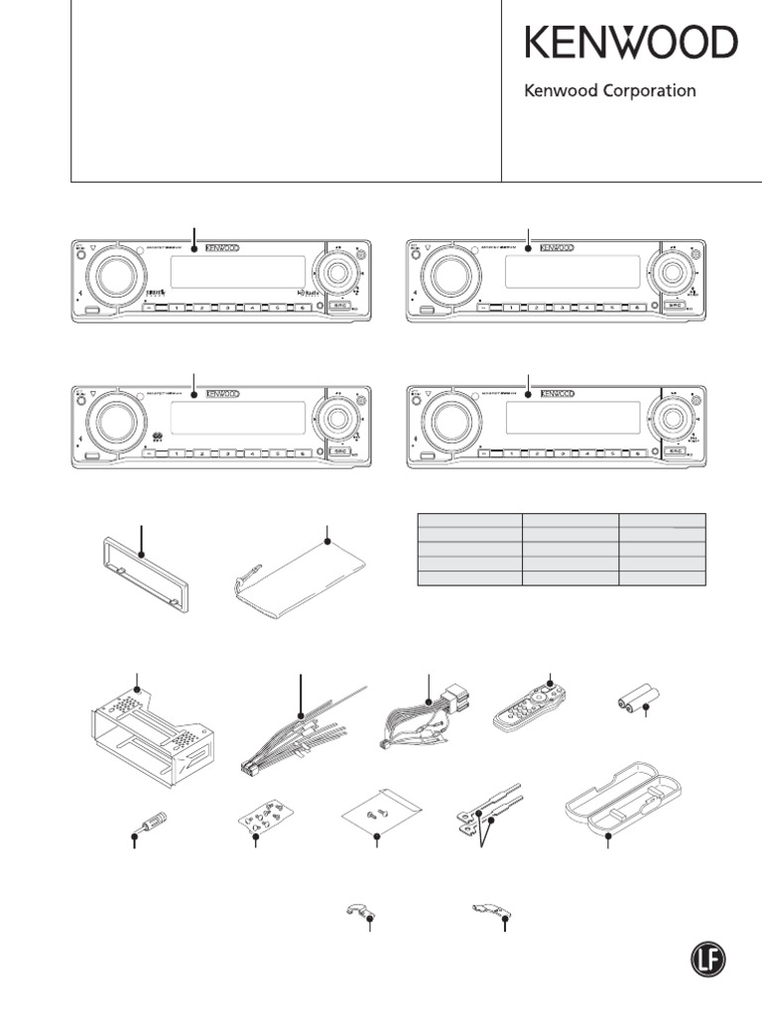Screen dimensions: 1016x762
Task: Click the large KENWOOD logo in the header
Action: coord(631,45)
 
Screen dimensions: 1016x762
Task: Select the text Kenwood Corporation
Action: coord(609,91)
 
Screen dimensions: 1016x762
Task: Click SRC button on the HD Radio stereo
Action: coord(341,309)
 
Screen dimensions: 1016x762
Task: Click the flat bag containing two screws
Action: coord(376,818)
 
